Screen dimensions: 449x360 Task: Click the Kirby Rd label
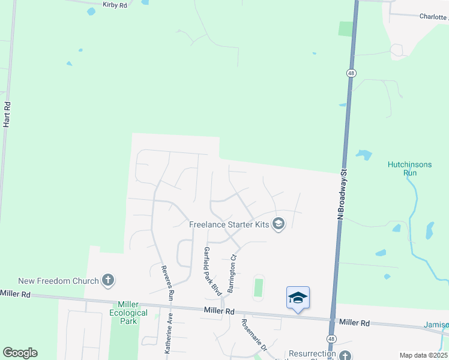click(115, 5)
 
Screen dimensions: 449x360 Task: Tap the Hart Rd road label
click(7, 113)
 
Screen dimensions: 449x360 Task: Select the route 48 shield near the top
click(351, 73)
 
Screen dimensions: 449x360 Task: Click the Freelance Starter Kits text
click(229, 224)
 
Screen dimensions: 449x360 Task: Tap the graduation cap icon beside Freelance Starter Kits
click(278, 224)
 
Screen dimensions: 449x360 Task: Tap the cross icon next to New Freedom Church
click(108, 280)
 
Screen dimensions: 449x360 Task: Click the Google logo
click(20, 353)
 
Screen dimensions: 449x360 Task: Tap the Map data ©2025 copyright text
click(423, 355)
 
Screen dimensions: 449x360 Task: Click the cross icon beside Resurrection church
click(345, 354)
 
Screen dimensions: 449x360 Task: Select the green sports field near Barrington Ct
click(259, 287)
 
